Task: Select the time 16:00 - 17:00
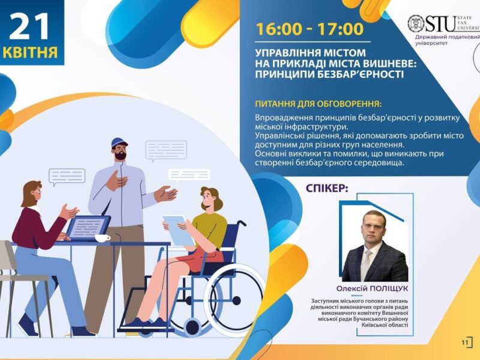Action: click(x=310, y=29)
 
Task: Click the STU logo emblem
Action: click(x=416, y=23)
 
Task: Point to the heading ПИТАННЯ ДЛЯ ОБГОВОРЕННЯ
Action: click(x=318, y=103)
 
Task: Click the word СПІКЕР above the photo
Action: click(x=326, y=188)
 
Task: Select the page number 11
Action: click(x=465, y=342)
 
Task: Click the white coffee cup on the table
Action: click(x=103, y=238)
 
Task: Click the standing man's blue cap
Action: click(x=119, y=145)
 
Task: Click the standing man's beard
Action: click(x=121, y=156)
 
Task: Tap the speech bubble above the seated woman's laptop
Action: click(x=67, y=176)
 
